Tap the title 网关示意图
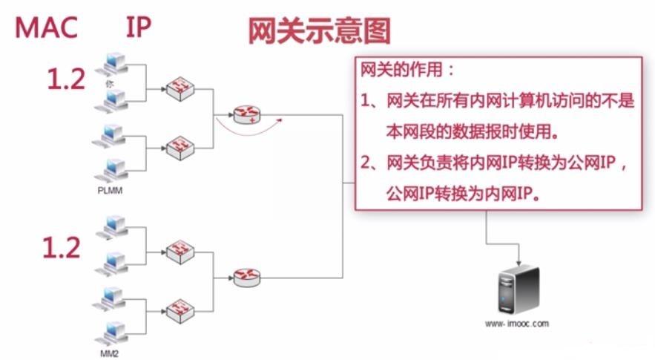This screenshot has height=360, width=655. pyautogui.click(x=318, y=32)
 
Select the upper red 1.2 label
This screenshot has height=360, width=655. pyautogui.click(x=66, y=79)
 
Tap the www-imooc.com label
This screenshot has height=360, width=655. pyautogui.click(x=517, y=324)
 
